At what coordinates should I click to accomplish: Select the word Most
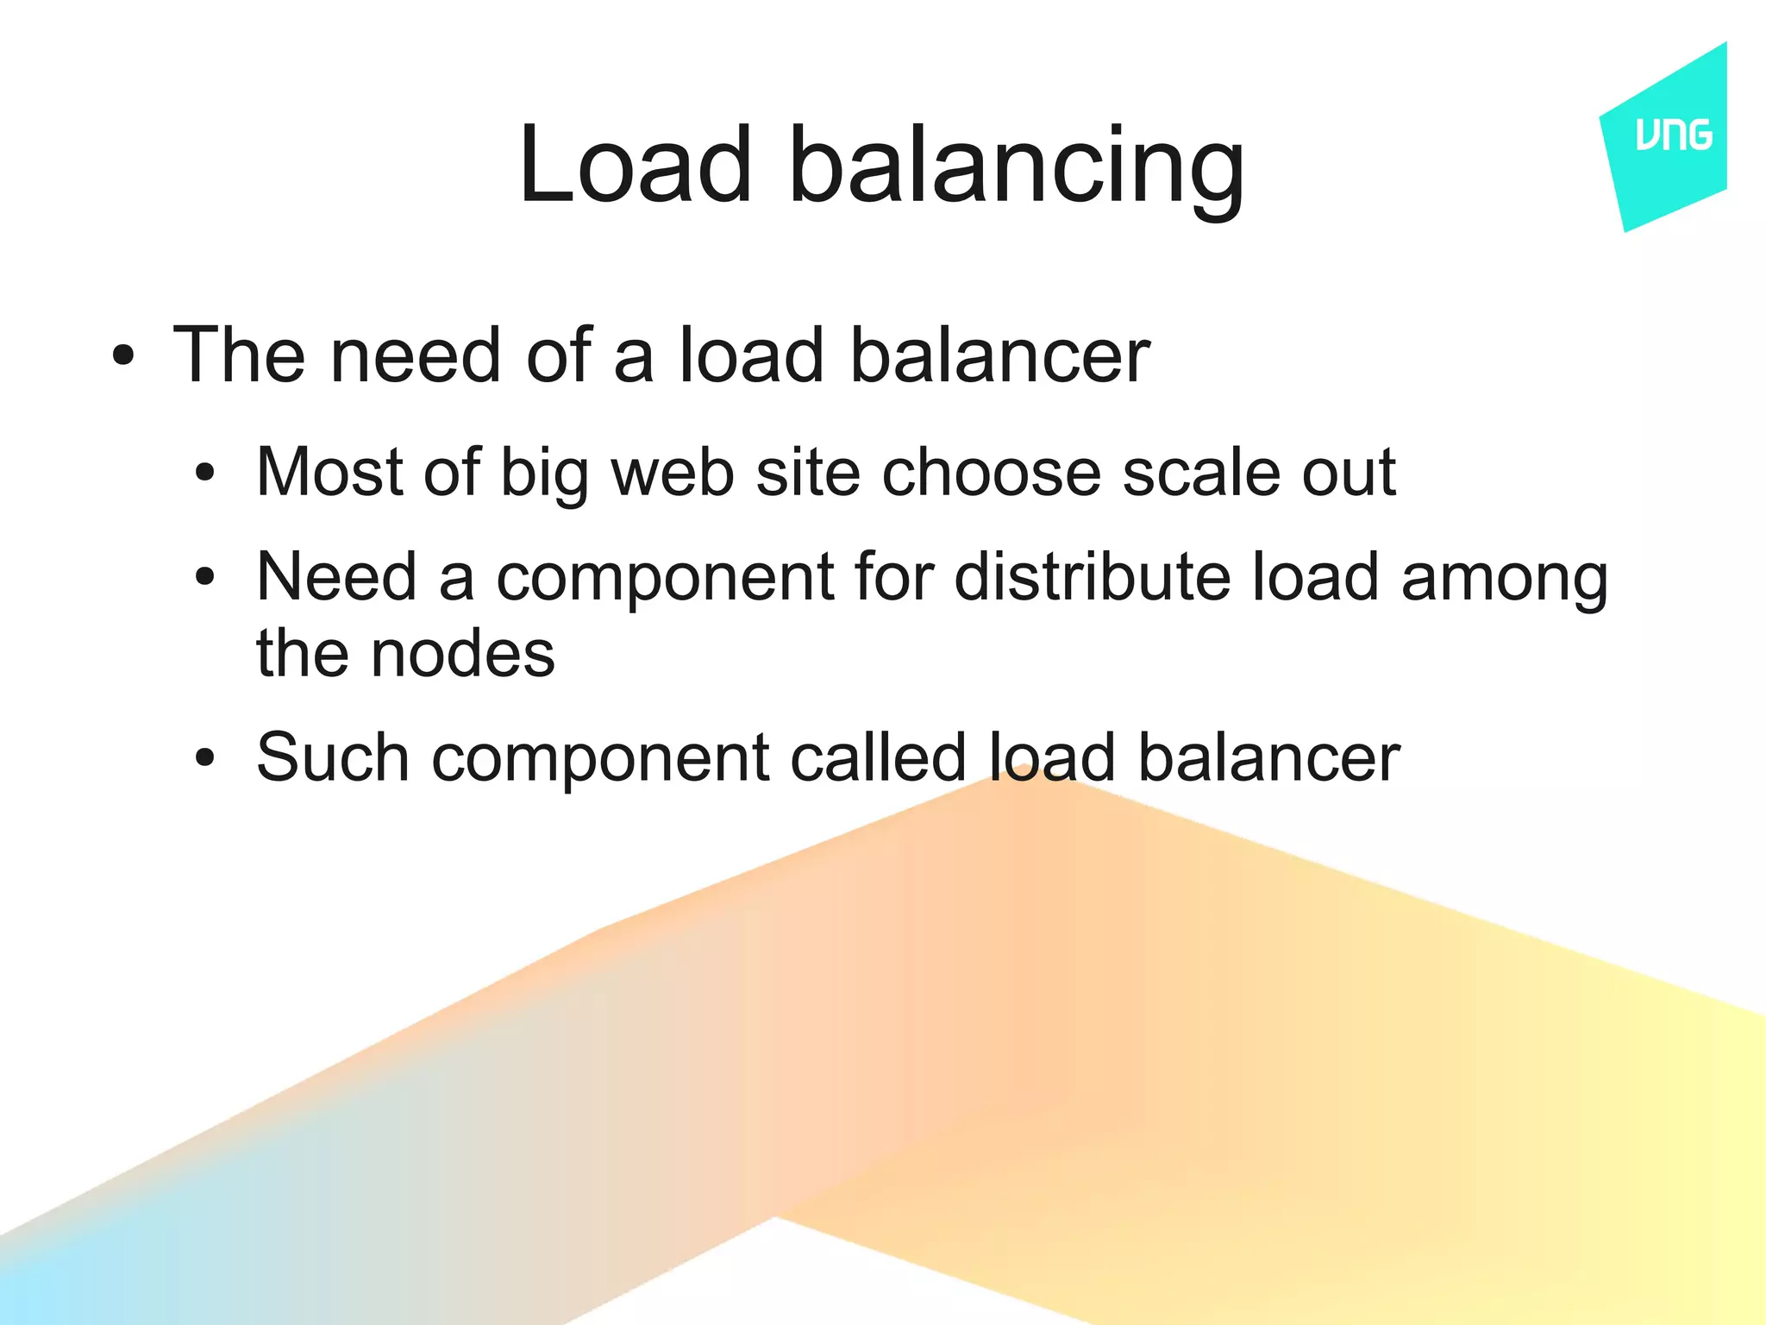coord(330,472)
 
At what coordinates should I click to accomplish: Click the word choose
coord(991,472)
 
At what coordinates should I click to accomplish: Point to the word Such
coord(333,757)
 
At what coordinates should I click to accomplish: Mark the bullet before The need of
coord(123,355)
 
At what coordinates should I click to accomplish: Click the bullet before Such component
coord(204,758)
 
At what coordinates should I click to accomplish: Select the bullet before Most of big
coord(204,473)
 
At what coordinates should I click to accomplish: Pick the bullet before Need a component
coord(204,577)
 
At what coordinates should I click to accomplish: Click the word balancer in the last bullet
coord(1268,757)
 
